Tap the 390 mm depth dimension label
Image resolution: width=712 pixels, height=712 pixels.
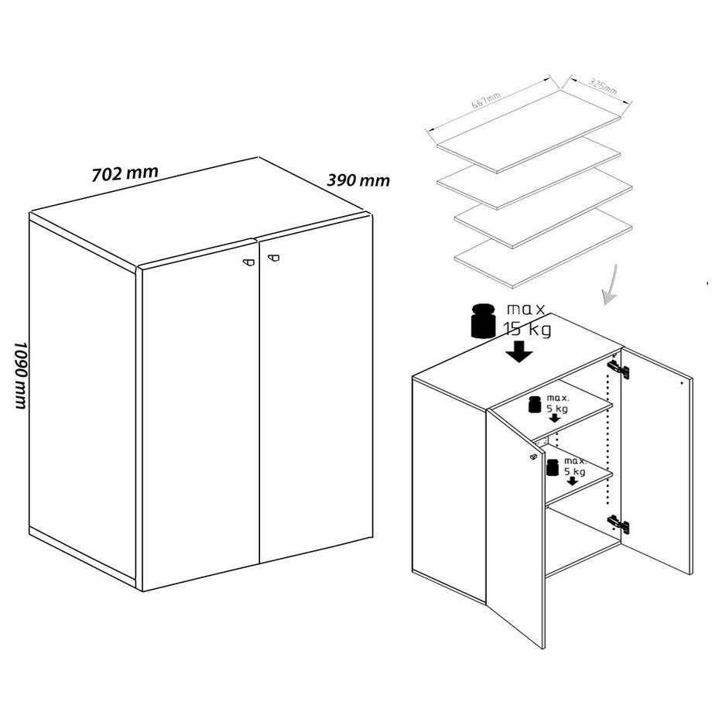tap(358, 180)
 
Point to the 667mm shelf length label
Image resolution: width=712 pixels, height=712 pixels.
tap(485, 100)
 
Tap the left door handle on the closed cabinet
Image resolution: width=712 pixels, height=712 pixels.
tap(247, 262)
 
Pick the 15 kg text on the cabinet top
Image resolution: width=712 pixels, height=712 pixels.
tap(528, 330)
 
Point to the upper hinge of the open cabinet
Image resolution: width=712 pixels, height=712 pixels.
tap(618, 369)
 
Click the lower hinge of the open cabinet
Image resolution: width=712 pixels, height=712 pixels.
tap(618, 524)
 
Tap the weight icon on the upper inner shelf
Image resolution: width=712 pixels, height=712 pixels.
tap(534, 403)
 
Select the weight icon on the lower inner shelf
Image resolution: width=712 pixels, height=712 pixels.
tap(553, 467)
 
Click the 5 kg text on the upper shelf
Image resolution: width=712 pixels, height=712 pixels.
tap(555, 407)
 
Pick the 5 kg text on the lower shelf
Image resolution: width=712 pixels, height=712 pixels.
tap(574, 471)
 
